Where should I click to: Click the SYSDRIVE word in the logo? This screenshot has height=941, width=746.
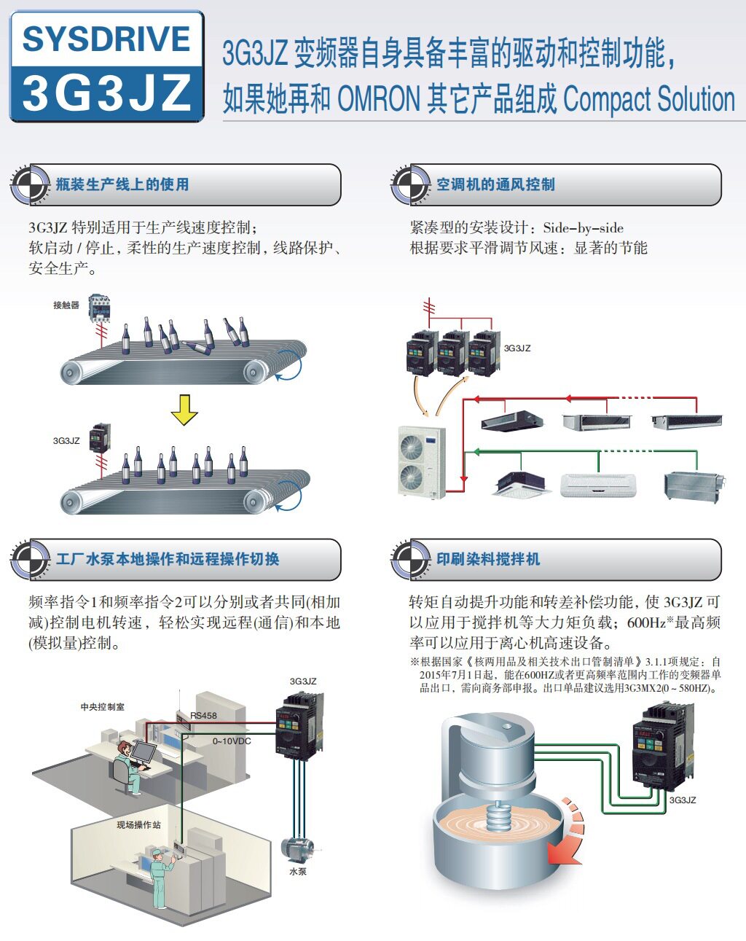tap(106, 39)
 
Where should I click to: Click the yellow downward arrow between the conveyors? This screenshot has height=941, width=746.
tap(184, 410)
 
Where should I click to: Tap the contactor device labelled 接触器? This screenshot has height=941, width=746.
tap(99, 308)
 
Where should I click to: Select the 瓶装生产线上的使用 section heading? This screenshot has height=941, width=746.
tap(122, 184)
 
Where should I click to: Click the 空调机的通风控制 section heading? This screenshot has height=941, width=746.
tap(495, 184)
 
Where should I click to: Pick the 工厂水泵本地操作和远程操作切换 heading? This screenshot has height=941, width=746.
tap(168, 559)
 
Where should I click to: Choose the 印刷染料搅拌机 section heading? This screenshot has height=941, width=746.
tap(488, 559)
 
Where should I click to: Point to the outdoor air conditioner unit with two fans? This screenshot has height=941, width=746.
tap(421, 461)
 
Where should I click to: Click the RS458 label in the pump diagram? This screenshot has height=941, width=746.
tap(204, 716)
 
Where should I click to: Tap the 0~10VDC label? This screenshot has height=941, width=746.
tap(232, 741)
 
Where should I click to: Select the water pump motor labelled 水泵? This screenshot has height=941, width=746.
tap(297, 850)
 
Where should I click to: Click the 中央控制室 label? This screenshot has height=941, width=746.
tap(102, 707)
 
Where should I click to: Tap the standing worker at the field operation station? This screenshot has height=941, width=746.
tap(162, 878)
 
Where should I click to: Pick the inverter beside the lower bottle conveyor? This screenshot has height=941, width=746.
tap(99, 438)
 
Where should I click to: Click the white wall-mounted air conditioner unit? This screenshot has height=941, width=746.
tap(598, 485)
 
